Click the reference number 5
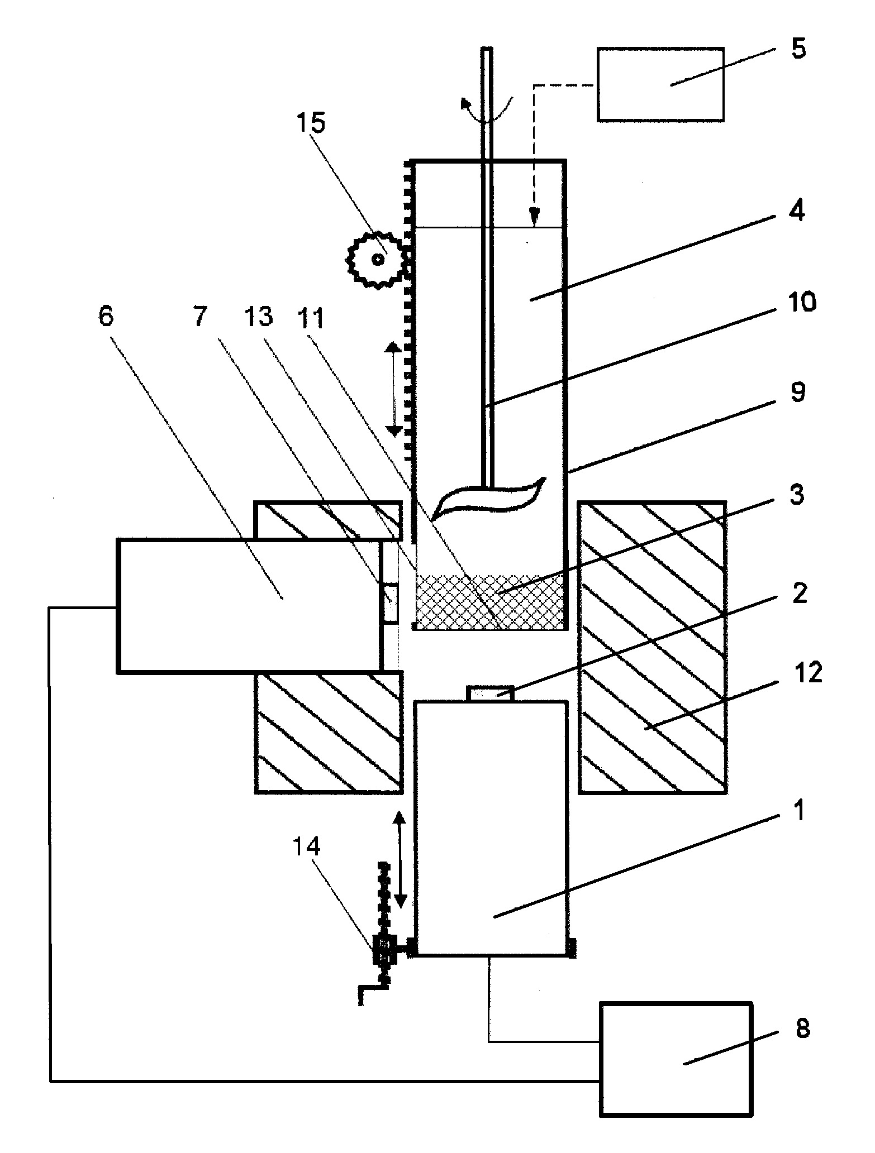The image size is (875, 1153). click(x=798, y=49)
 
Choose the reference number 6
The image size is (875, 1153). click(x=106, y=316)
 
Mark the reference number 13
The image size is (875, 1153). click(x=259, y=316)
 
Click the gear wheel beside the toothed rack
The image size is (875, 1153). click(x=379, y=259)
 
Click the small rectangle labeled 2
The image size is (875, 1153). click(x=490, y=693)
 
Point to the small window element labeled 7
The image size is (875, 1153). click(x=390, y=603)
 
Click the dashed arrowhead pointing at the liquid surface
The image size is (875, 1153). click(x=535, y=216)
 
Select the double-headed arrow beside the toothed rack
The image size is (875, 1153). click(x=394, y=389)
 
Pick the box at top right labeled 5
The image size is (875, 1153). click(x=661, y=84)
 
